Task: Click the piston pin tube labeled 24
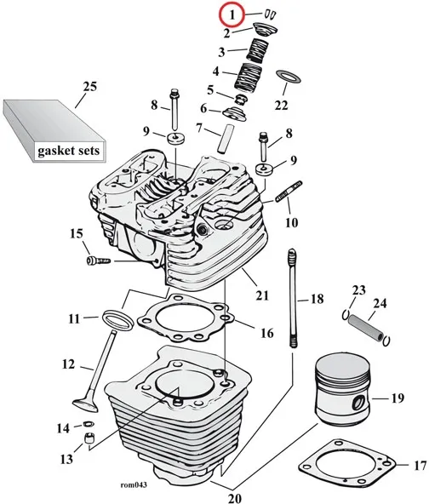pos(366,328)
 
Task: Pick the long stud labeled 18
pos(292,298)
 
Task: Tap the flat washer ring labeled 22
pos(289,76)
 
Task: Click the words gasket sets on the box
pos(68,151)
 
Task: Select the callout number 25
pos(89,87)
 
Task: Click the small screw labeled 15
pos(99,261)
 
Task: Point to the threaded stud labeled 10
pos(289,192)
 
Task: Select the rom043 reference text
pos(134,484)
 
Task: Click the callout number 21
pos(262,295)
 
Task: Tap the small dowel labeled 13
pos(89,438)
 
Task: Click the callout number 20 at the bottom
pos(235,498)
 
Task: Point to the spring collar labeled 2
pos(265,31)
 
